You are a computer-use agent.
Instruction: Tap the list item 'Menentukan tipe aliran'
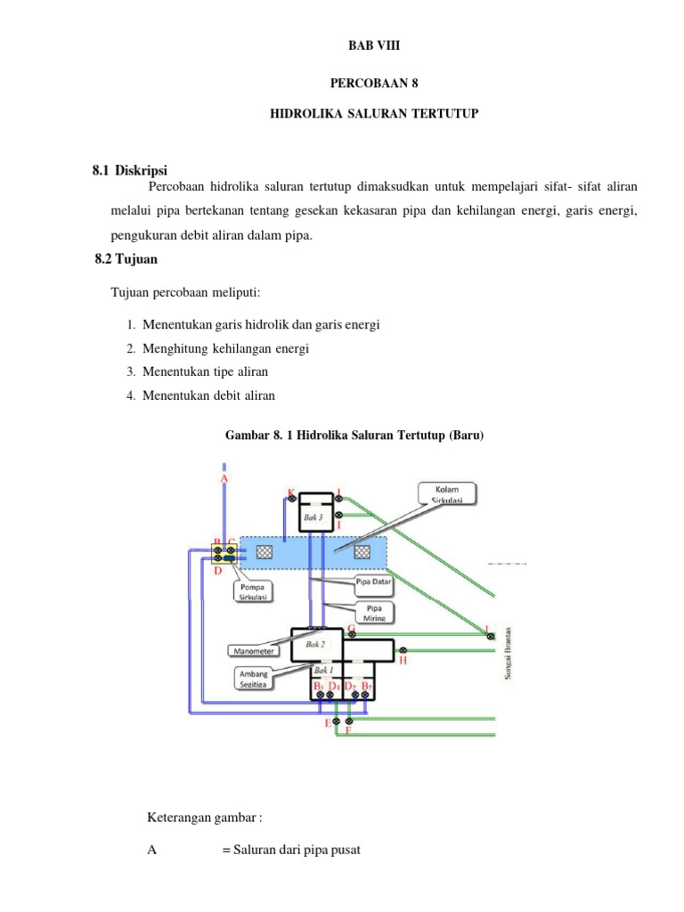click(x=205, y=371)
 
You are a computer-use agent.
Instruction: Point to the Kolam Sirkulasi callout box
click(x=444, y=493)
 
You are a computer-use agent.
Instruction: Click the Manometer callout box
click(x=253, y=650)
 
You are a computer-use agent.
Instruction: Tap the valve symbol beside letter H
click(x=402, y=650)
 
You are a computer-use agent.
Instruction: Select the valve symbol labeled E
click(x=336, y=720)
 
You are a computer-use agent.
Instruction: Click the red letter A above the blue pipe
click(x=224, y=478)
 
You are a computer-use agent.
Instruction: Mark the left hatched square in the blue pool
click(x=264, y=552)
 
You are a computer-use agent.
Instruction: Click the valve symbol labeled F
click(x=349, y=720)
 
